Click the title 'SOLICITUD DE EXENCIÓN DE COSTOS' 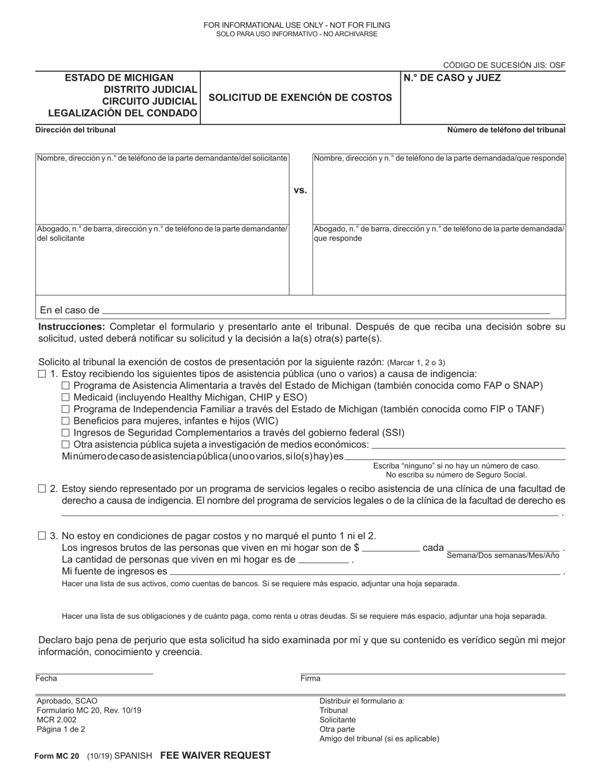(x=300, y=97)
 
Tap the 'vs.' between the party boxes (x=300, y=190)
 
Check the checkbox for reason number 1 (x=42, y=374)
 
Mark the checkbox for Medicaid (x=65, y=397)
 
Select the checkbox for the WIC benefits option (x=65, y=421)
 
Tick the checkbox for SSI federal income (x=65, y=433)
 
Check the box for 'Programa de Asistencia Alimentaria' (x=65, y=386)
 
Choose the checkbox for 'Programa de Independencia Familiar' (x=65, y=409)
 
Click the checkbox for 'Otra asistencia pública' (x=65, y=445)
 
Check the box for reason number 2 (x=42, y=488)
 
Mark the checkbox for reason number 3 (x=42, y=535)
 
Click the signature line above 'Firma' (x=433, y=672)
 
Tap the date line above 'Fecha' (x=94, y=672)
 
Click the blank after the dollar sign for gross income (x=391, y=549)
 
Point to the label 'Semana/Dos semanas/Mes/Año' (x=503, y=555)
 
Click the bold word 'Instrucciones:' (x=71, y=327)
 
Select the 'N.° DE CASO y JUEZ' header (x=452, y=78)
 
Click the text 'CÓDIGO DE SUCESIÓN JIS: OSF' (x=504, y=65)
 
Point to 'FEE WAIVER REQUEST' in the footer (x=215, y=755)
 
